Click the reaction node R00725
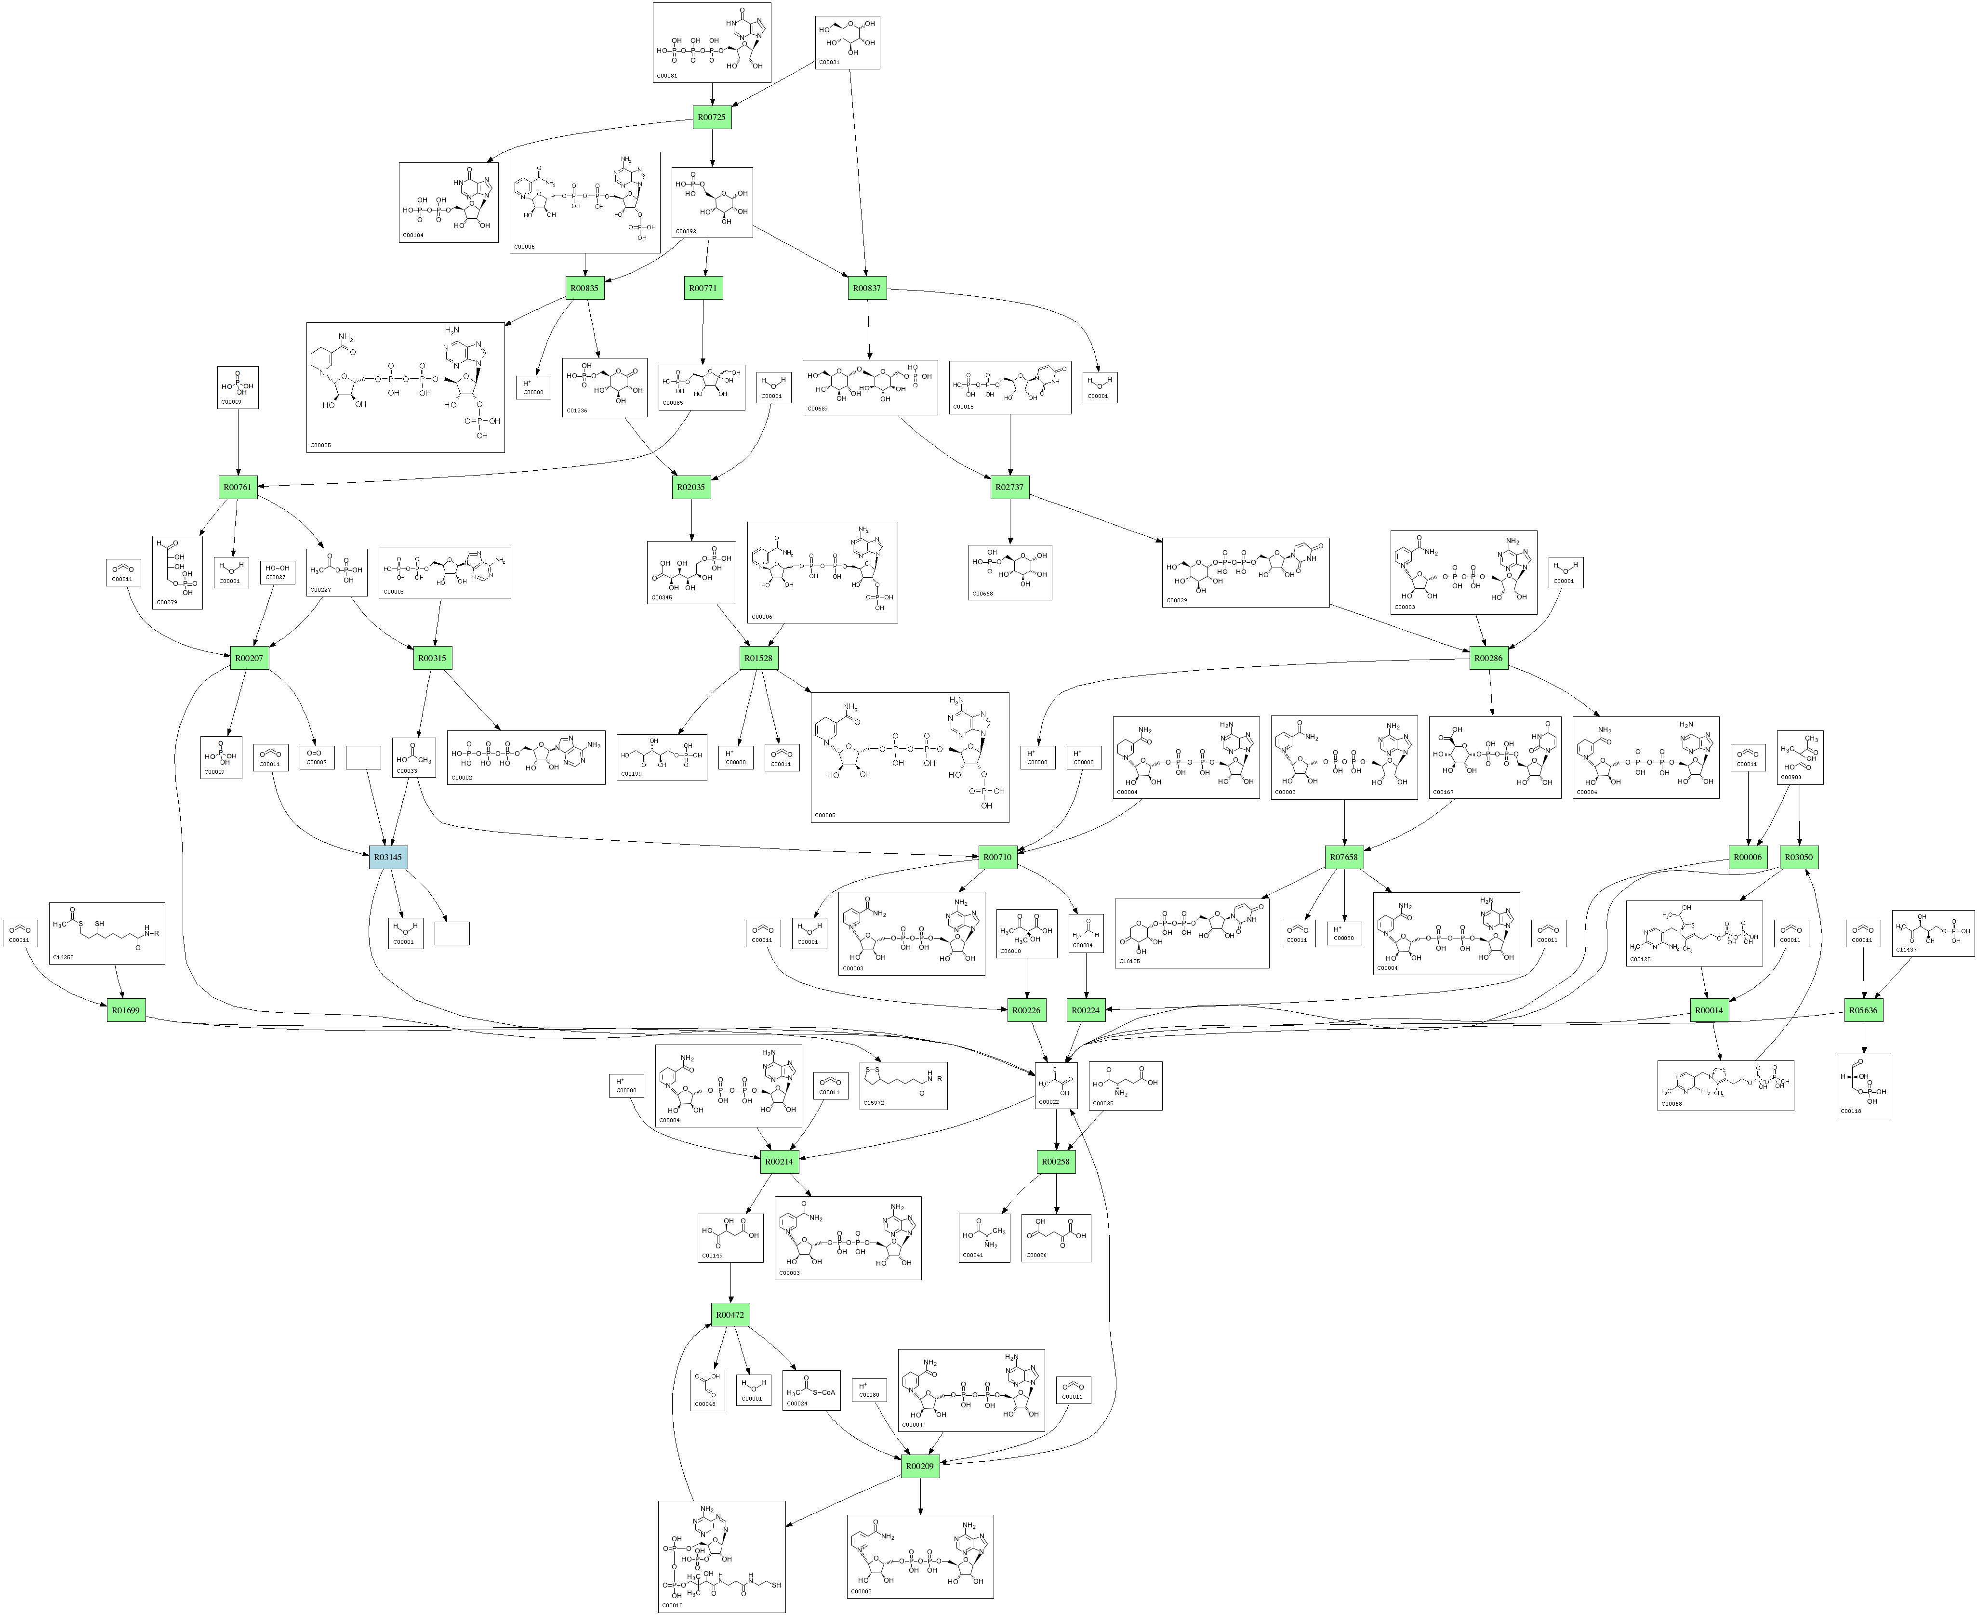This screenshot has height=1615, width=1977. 712,117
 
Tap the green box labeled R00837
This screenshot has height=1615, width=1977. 866,289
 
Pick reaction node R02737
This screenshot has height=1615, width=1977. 1009,487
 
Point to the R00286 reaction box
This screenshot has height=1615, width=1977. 1487,658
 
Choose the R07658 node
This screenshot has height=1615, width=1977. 1343,857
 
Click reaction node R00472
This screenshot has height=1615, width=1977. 730,1314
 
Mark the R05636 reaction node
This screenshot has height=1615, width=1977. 1863,1010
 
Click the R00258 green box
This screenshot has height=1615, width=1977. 1055,1162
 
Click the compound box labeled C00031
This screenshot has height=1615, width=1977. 848,42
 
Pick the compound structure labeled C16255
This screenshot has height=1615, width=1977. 107,933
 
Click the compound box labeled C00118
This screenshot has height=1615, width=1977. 1863,1085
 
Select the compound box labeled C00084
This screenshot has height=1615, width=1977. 1086,933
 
